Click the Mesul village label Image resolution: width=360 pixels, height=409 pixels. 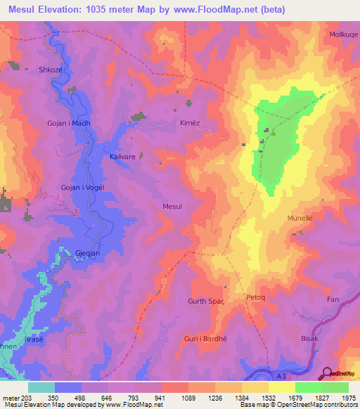172,207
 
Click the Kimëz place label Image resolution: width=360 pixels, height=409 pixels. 190,122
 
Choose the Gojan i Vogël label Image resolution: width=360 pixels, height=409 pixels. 70,188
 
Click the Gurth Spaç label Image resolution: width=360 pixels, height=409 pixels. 205,301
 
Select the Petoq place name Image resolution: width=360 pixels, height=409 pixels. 255,297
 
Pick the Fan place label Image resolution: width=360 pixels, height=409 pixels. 333,300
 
